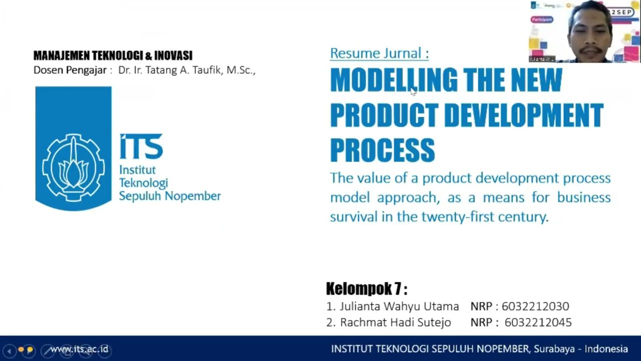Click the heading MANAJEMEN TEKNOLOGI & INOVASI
click(x=113, y=56)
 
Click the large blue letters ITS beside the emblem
click(x=141, y=146)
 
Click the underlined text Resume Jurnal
click(x=379, y=53)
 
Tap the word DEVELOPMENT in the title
click(x=523, y=115)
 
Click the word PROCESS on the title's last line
click(x=382, y=150)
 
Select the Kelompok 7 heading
click(x=366, y=289)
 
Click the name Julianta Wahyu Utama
click(x=399, y=306)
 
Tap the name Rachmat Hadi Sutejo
click(x=395, y=322)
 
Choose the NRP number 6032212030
click(x=535, y=306)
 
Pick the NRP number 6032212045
click(x=538, y=322)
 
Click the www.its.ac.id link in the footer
click(x=79, y=349)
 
